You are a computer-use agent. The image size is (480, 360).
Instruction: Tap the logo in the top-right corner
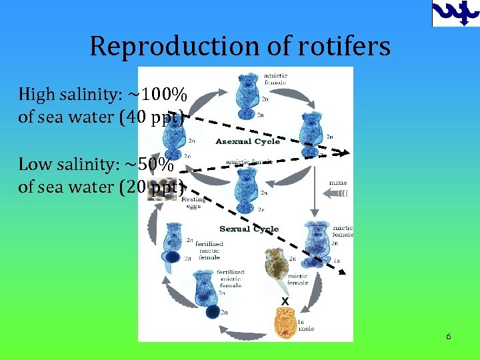tap(455, 13)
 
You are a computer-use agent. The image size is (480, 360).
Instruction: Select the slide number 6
tap(449, 337)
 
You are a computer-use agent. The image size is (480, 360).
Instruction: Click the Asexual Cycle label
tap(247, 141)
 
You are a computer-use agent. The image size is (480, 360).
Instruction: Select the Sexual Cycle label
tap(249, 229)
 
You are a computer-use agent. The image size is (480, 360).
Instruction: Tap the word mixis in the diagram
tap(337, 183)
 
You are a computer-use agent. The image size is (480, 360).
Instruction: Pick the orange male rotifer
tap(285, 324)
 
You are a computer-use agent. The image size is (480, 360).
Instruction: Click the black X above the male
tap(285, 301)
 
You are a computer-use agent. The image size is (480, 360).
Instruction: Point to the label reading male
tap(307, 328)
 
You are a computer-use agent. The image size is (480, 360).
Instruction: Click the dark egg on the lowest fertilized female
tap(213, 311)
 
